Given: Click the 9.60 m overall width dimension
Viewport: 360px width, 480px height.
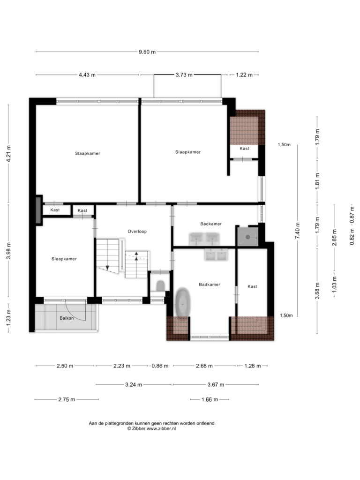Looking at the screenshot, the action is point(147,52).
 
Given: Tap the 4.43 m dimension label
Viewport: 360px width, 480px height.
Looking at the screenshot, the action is point(87,75).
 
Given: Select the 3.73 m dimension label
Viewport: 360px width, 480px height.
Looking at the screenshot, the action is point(184,75).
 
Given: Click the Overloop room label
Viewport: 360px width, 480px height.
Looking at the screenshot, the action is point(137,232).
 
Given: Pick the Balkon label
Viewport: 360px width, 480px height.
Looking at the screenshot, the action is point(67,318).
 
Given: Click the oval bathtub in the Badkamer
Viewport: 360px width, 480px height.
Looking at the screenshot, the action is point(183,303).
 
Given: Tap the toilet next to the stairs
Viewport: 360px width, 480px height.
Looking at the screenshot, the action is point(160,286).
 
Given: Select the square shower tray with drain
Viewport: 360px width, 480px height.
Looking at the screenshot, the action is point(248,236).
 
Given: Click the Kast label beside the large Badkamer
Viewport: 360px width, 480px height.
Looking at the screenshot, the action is point(252,286).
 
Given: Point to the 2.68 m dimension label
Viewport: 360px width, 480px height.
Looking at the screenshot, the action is point(204,366).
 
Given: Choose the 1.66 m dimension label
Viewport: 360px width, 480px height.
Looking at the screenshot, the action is point(210,399).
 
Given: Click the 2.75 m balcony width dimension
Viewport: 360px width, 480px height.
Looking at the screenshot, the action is point(67,399).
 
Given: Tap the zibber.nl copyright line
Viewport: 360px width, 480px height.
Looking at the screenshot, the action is point(151,428).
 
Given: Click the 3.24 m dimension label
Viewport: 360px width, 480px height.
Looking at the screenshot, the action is point(134,385).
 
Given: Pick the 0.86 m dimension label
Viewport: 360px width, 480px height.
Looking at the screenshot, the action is point(160,366).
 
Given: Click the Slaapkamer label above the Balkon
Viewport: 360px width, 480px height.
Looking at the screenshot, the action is point(64,259).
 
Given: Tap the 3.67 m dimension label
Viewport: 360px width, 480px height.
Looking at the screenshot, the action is point(216,385).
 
